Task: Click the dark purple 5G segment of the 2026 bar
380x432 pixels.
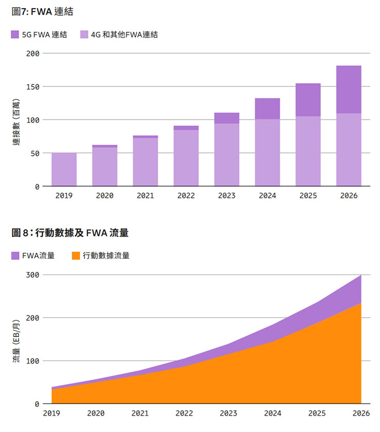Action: pos(349,89)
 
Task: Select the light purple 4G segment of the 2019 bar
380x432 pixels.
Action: pos(64,169)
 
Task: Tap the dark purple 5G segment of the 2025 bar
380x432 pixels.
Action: pos(308,99)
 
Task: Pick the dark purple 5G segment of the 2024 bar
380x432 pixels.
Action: pos(268,109)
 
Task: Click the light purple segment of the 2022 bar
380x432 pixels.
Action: pos(186,158)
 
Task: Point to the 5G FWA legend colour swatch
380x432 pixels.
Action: pos(15,35)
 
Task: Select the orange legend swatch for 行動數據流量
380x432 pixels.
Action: pos(76,255)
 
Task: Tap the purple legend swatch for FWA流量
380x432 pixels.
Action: pos(15,255)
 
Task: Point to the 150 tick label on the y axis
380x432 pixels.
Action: pos(32,87)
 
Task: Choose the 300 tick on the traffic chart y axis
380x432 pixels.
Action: pos(32,275)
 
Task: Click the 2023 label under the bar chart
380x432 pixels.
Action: pos(226,196)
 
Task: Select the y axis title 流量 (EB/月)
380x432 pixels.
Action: pos(16,341)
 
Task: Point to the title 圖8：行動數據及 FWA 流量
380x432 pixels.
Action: pos(70,233)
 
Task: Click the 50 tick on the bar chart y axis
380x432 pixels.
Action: pos(34,153)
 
